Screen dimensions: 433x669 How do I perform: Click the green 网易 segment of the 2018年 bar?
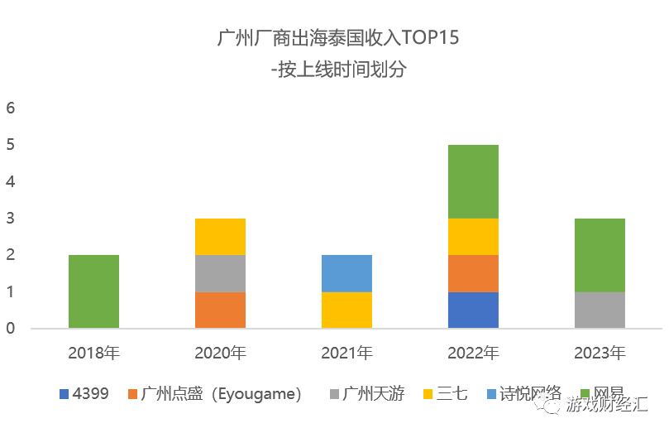point(93,291)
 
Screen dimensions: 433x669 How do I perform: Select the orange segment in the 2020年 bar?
point(220,310)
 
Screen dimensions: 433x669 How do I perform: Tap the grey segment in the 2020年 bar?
point(220,273)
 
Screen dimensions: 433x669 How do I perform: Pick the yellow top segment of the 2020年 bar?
point(220,237)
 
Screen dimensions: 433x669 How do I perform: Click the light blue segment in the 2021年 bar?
point(346,273)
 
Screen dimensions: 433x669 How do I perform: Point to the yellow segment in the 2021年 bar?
point(346,310)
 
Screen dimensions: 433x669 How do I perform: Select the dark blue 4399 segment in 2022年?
point(473,310)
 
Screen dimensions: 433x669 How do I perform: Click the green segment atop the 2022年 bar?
point(473,181)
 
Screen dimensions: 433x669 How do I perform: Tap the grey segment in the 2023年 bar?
point(600,310)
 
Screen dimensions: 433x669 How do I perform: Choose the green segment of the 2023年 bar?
point(600,255)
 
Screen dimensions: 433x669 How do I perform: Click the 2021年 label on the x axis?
point(346,354)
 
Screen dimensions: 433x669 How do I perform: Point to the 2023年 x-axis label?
point(600,354)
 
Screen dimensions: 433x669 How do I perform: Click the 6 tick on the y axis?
point(12,108)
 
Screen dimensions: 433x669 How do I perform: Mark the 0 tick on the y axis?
point(12,329)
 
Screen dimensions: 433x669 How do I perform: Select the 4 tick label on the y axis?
point(12,182)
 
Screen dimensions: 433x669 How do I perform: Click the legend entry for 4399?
point(84,394)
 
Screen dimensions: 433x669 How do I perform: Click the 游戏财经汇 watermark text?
point(607,406)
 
